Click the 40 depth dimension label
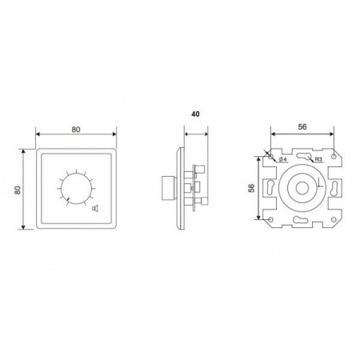click(x=195, y=114)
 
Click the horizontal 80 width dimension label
click(x=76, y=130)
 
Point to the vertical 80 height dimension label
click(x=18, y=190)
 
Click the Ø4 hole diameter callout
click(x=282, y=159)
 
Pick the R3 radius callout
click(x=318, y=159)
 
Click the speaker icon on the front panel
click(x=95, y=208)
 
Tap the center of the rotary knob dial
click(x=76, y=189)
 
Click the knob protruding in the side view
click(x=169, y=188)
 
